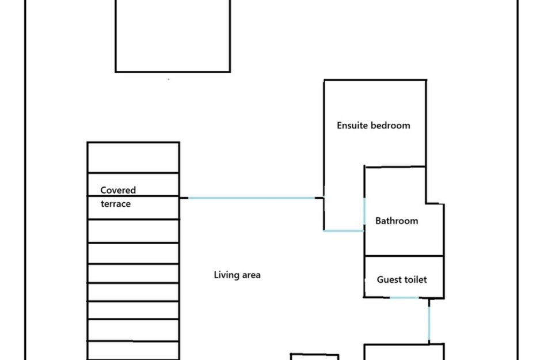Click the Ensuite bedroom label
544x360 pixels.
pyautogui.click(x=373, y=126)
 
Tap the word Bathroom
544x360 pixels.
pyautogui.click(x=397, y=221)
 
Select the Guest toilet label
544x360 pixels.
pyautogui.click(x=402, y=280)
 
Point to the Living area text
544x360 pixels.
pyautogui.click(x=237, y=275)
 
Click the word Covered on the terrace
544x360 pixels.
pyautogui.click(x=118, y=190)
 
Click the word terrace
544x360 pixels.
pyautogui.click(x=115, y=204)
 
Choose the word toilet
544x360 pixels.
pyautogui.click(x=415, y=280)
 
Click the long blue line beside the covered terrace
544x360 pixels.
pyautogui.click(x=252, y=198)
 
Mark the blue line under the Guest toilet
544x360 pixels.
pyautogui.click(x=405, y=298)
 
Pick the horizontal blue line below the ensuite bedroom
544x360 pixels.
pyautogui.click(x=344, y=231)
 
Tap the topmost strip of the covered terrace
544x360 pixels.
pyautogui.click(x=133, y=157)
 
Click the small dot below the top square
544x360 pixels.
pyautogui.click(x=169, y=79)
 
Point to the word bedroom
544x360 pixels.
pyautogui.click(x=390, y=126)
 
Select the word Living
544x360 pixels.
pyautogui.click(x=224, y=275)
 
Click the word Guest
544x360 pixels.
pyautogui.click(x=389, y=280)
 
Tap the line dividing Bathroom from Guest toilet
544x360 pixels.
pyautogui.click(x=404, y=256)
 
